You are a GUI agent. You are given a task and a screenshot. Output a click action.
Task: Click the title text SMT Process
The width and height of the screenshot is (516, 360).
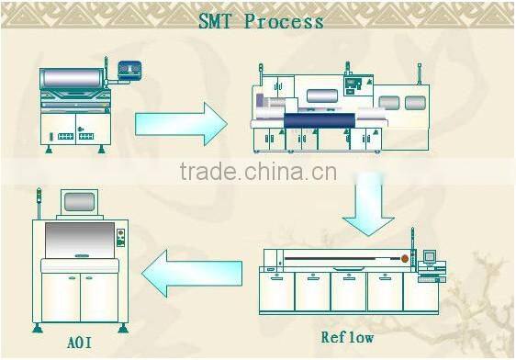tap(261, 20)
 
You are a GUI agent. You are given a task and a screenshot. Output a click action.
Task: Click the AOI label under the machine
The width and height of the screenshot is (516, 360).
tap(79, 344)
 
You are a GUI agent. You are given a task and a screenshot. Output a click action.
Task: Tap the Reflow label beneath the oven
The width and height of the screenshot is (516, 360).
tap(347, 337)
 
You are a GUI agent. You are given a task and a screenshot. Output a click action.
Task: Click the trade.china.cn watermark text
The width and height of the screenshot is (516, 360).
tap(258, 172)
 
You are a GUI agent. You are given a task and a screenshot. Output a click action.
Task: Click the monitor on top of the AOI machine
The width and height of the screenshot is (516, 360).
tap(81, 202)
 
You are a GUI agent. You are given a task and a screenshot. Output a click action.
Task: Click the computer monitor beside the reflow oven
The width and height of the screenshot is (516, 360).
tap(430, 256)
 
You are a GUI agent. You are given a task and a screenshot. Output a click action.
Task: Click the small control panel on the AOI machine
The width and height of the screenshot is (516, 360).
tap(120, 241)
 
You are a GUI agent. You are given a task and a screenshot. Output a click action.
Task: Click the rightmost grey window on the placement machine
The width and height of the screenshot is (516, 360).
tap(415, 104)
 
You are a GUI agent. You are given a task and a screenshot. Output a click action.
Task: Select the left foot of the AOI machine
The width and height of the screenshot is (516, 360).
tap(38, 327)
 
